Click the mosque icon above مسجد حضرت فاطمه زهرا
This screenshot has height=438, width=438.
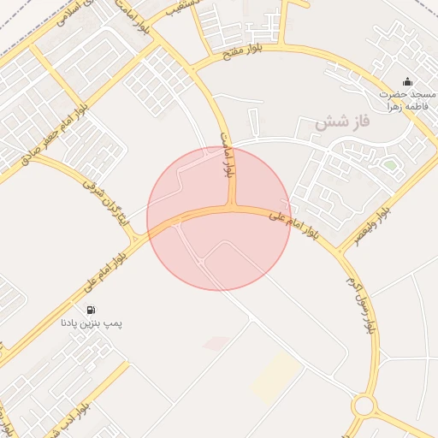(406, 83)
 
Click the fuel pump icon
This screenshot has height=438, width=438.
(91, 310)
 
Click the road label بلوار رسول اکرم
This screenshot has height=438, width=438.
(360, 304)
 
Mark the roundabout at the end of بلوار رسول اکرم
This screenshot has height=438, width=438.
(365, 405)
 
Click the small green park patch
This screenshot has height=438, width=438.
(389, 163)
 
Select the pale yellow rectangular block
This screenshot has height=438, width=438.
(275, 375)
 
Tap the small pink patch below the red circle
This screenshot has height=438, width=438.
(216, 343)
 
